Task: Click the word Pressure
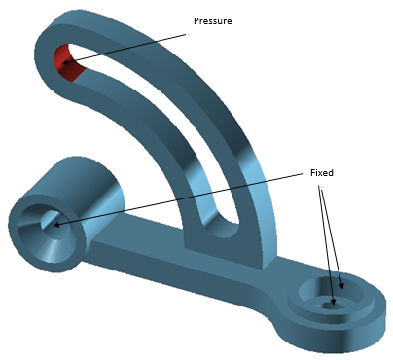[x=213, y=21]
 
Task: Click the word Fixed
[x=322, y=173]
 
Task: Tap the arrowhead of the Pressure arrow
[x=65, y=62]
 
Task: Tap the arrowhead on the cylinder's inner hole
[x=56, y=224]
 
